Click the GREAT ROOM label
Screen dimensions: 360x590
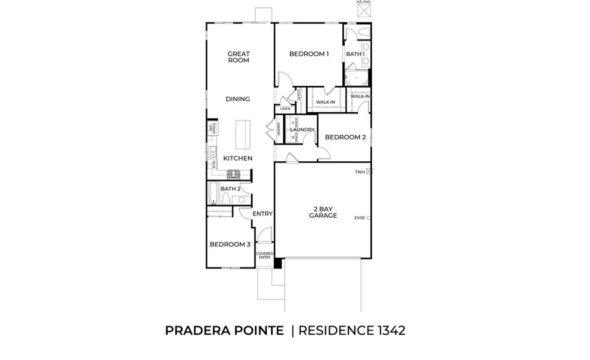pos(238,57)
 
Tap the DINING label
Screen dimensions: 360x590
pos(238,99)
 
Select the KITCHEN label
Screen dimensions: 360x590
pos(238,158)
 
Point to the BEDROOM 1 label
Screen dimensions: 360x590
pos(309,54)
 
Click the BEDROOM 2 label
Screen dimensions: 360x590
pos(345,137)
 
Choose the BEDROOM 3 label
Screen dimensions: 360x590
pos(230,244)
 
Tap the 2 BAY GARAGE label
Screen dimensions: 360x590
pos(323,212)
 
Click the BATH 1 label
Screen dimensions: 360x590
pos(355,54)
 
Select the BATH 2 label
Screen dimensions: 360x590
pos(230,189)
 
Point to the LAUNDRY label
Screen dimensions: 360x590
pos(302,130)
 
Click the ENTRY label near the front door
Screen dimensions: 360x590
pos(262,214)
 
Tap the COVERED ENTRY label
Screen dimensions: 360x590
pos(264,255)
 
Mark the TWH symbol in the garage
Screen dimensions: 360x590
pos(369,171)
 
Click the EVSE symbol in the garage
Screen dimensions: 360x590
pos(369,218)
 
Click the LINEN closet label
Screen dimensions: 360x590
pos(285,109)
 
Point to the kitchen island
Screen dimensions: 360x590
pos(244,135)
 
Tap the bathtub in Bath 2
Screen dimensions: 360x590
pos(212,194)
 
